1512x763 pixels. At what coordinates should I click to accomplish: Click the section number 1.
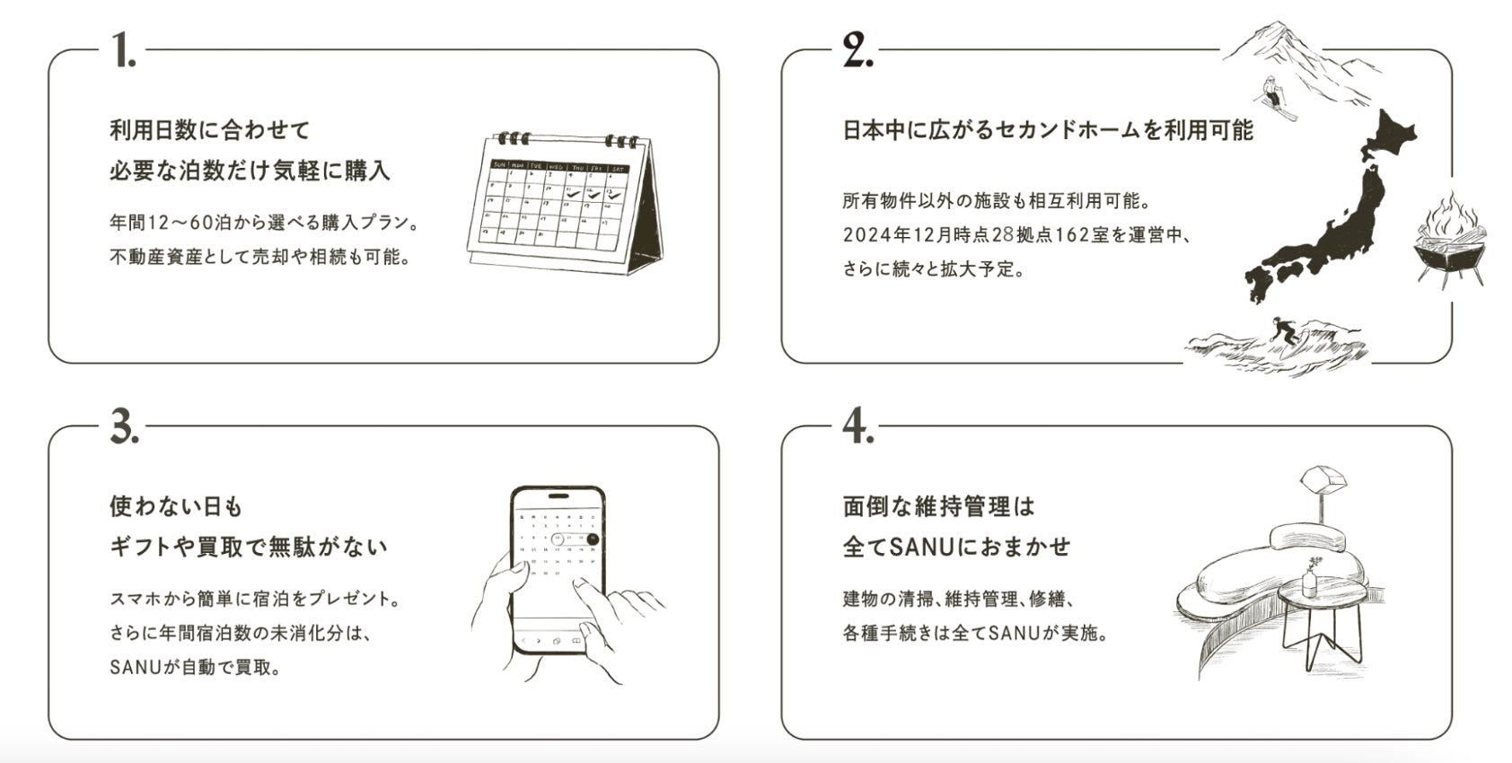click(124, 49)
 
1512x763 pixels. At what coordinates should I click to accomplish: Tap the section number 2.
click(858, 49)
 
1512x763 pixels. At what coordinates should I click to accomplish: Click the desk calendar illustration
click(564, 202)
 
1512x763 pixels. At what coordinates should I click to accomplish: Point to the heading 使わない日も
click(175, 506)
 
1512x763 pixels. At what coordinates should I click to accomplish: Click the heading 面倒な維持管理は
click(938, 506)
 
